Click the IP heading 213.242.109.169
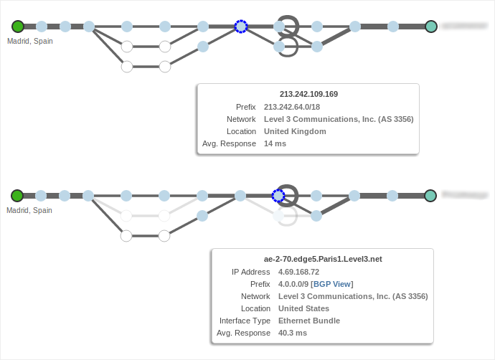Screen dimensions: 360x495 (308, 94)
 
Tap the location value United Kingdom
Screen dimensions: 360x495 (295, 131)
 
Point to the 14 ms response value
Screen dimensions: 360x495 (275, 143)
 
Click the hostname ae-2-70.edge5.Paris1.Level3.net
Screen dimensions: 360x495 (323, 259)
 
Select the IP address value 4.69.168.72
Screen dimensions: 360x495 (298, 272)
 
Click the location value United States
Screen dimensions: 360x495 (303, 308)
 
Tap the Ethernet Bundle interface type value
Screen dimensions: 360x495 (309, 321)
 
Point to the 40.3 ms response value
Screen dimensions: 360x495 (293, 333)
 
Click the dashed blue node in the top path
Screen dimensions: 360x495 (241, 27)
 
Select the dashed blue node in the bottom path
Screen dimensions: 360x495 (278, 196)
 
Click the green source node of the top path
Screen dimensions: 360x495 (18, 27)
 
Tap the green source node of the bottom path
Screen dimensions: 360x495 (17, 196)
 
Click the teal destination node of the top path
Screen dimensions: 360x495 (431, 27)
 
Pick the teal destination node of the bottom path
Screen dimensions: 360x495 (430, 196)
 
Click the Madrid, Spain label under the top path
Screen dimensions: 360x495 (30, 41)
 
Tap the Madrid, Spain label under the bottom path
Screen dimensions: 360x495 (29, 210)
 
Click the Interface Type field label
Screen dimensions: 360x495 (245, 321)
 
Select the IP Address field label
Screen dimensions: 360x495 (250, 272)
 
